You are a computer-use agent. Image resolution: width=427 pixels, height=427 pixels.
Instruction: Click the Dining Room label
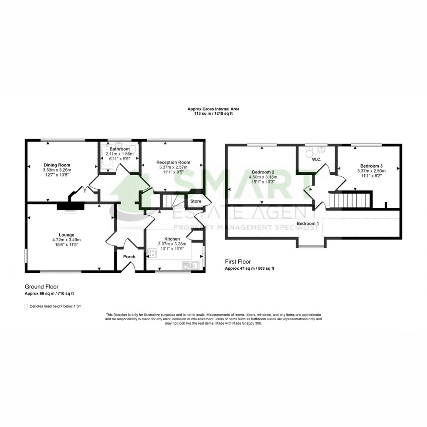click(57, 165)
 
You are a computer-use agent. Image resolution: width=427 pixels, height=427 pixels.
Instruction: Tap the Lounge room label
click(66, 235)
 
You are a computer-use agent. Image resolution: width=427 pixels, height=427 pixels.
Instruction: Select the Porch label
click(129, 257)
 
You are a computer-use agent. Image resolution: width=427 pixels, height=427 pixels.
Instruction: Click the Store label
click(196, 201)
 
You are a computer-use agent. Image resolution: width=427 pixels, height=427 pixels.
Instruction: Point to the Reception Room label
click(173, 162)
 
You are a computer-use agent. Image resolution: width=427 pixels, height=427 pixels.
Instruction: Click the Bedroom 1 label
click(308, 224)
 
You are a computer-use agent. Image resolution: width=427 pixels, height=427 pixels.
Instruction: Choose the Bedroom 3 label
click(371, 166)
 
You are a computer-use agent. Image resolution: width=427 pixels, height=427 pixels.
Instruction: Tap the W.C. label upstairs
click(317, 159)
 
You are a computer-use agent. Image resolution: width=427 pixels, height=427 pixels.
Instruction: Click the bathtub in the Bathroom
click(105, 158)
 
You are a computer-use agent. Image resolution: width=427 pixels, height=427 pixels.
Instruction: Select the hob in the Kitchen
click(152, 253)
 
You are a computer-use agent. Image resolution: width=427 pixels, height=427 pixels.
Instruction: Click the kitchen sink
click(191, 265)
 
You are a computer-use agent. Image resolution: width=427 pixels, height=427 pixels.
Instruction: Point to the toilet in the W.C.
click(309, 152)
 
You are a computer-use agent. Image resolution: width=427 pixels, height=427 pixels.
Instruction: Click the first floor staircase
click(350, 200)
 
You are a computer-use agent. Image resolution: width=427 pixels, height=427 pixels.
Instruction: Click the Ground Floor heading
click(42, 287)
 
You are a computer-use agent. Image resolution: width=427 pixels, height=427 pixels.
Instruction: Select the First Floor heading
click(238, 262)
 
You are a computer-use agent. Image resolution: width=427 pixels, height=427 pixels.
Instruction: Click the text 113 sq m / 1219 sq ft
click(213, 114)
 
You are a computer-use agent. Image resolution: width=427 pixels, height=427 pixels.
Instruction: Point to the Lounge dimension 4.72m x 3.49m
click(66, 240)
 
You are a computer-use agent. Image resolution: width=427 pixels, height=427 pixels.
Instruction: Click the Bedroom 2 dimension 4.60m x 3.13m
click(263, 177)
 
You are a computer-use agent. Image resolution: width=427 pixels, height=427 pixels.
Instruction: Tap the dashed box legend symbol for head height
click(26, 307)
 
